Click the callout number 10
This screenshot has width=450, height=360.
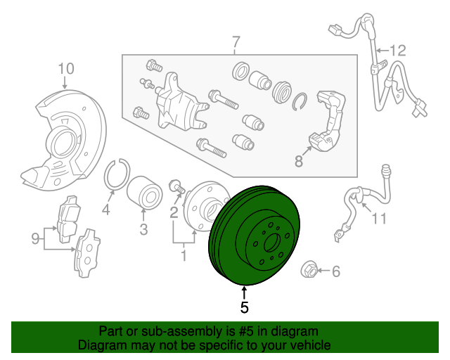click(x=65, y=68)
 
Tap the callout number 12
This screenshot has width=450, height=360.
click(x=398, y=50)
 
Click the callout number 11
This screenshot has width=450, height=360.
click(x=379, y=219)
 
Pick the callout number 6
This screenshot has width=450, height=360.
click(x=335, y=271)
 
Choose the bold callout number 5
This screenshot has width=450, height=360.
click(x=244, y=307)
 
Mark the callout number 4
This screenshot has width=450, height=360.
click(x=106, y=210)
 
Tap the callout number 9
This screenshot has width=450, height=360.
click(x=35, y=239)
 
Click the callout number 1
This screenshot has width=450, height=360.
click(x=184, y=256)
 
